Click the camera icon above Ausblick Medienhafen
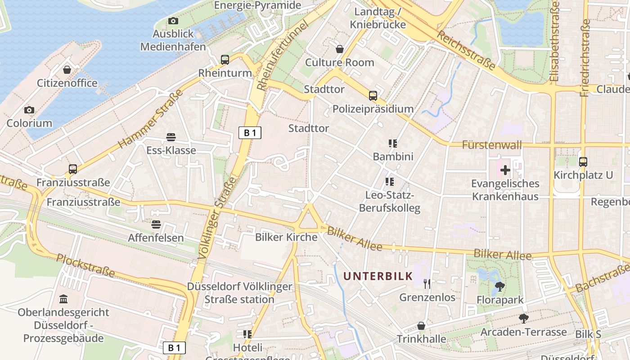click(173, 21)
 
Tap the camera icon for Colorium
click(29, 110)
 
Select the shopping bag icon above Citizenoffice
click(67, 70)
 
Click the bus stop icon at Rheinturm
click(225, 59)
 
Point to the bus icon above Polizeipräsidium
click(373, 95)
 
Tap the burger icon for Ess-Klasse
click(171, 137)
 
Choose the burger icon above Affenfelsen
click(156, 224)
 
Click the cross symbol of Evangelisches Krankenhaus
click(505, 170)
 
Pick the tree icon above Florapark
click(499, 286)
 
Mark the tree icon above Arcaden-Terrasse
click(523, 319)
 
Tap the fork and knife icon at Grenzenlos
click(427, 283)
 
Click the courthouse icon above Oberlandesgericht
click(63, 299)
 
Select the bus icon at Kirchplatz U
click(583, 162)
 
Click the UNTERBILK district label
click(378, 276)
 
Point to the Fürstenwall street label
click(492, 145)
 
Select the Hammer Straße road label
click(151, 119)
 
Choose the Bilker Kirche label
click(286, 237)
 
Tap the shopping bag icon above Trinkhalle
click(421, 325)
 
